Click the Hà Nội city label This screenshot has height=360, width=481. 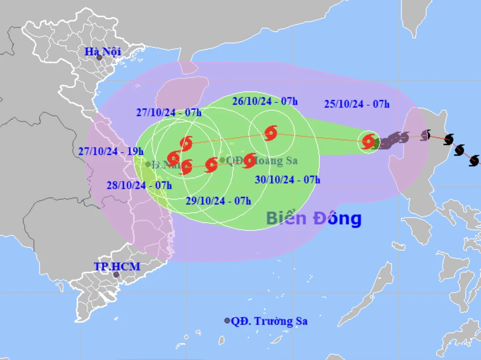[102, 51]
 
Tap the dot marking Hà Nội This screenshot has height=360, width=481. [99, 58]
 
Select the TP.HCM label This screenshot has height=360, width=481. [117, 266]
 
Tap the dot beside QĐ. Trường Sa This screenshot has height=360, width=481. [227, 321]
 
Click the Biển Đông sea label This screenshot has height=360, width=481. [314, 219]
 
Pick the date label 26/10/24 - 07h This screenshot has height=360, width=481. [265, 101]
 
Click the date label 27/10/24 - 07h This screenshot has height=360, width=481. [168, 113]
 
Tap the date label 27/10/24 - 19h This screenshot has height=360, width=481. [111, 151]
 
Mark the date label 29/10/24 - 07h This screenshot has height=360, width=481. [218, 201]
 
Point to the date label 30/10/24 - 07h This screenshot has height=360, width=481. [287, 180]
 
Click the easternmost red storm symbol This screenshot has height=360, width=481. [368, 141]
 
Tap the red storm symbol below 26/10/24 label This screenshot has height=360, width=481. [271, 133]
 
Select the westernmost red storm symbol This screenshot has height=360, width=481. [174, 157]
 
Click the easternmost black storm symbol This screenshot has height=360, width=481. [474, 160]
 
